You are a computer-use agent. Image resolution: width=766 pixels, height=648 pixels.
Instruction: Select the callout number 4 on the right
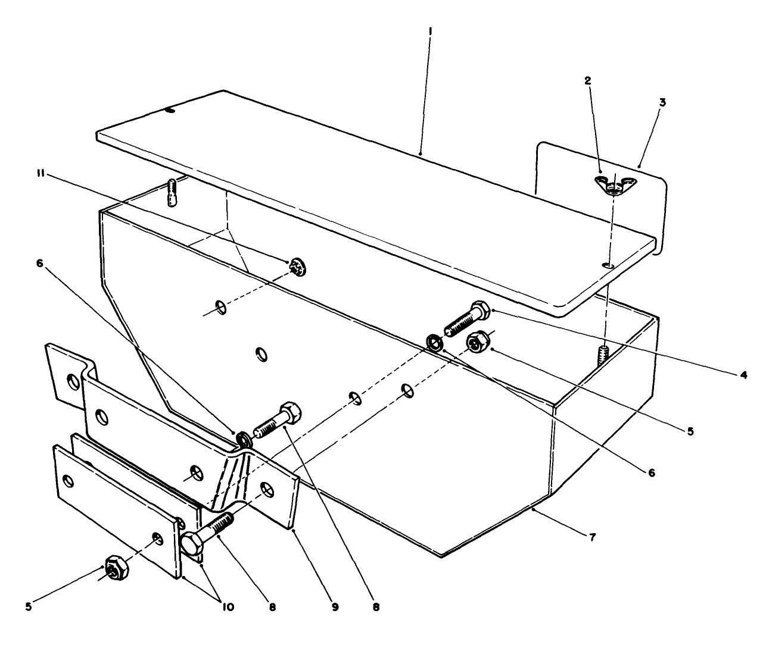point(742,375)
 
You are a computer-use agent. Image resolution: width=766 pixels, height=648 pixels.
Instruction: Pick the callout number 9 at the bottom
point(335,607)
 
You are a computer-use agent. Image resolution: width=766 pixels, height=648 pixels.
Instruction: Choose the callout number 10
point(228,607)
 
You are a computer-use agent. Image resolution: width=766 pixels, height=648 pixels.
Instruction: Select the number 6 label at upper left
point(40,264)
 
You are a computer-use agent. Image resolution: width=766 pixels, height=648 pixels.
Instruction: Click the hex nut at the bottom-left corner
point(114,568)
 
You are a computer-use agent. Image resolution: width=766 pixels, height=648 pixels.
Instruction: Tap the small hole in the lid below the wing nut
point(606,264)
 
